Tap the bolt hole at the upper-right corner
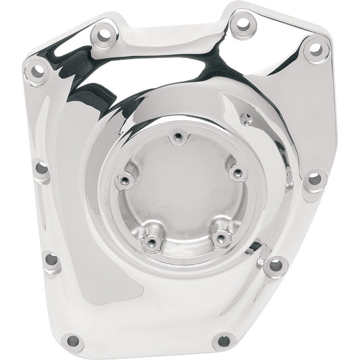click(314, 48)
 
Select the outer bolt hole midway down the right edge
click(313, 179)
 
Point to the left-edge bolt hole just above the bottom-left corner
click(51, 260)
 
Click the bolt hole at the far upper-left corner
click(34, 70)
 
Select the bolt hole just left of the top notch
click(103, 31)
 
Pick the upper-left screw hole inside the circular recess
click(126, 180)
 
